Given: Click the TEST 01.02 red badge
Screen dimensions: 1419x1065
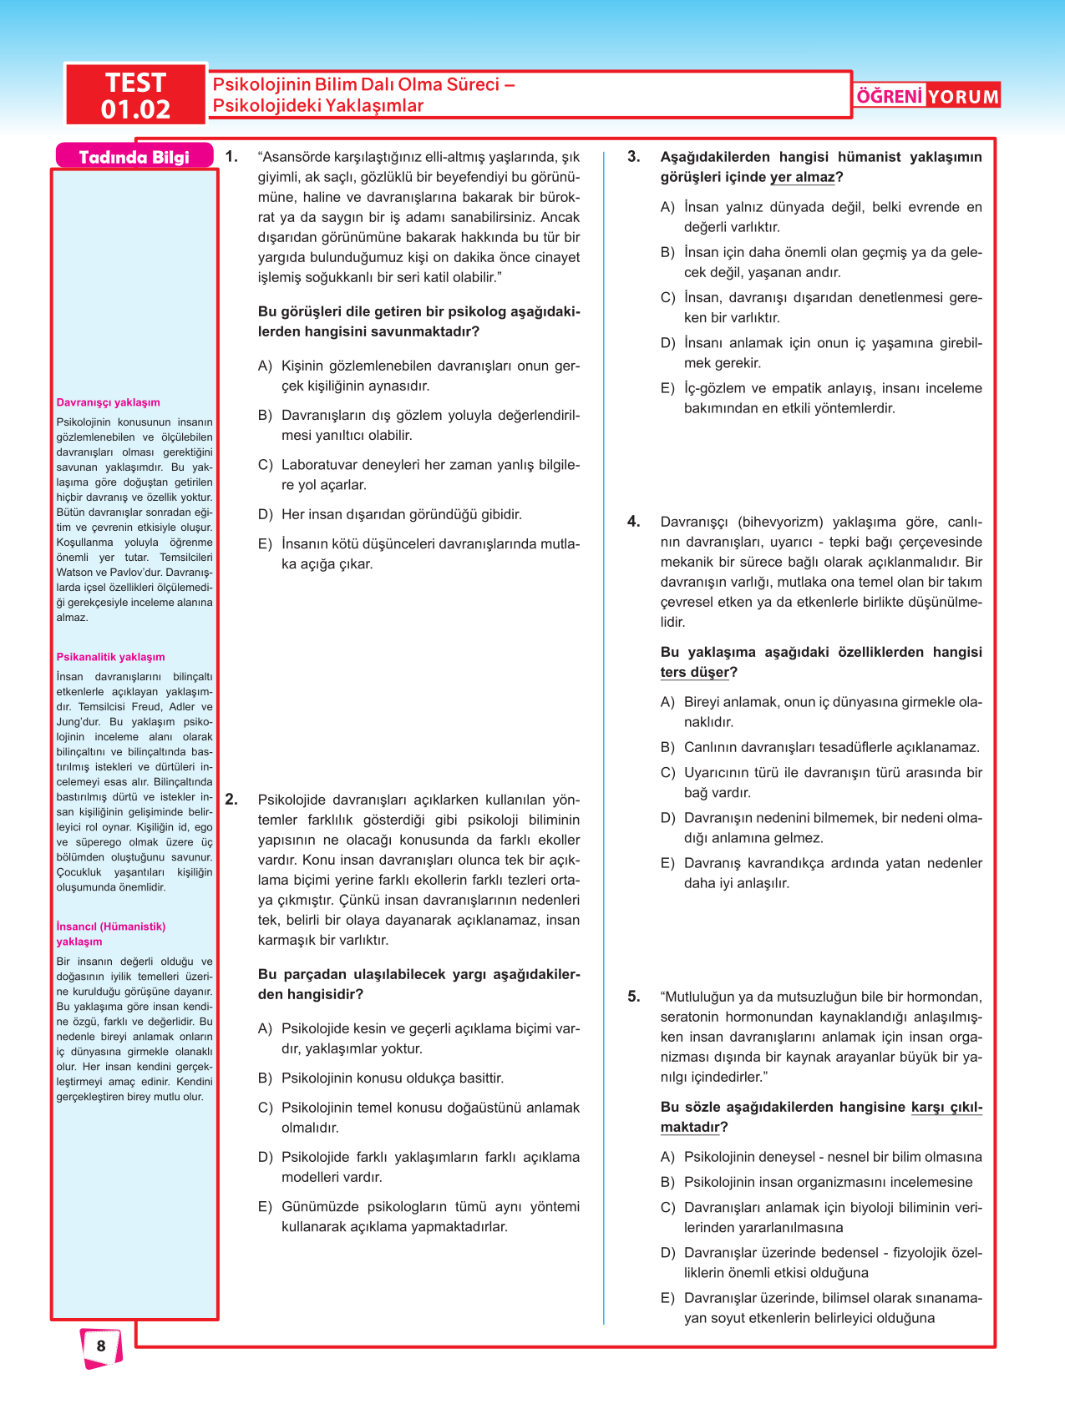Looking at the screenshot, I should click(x=135, y=95).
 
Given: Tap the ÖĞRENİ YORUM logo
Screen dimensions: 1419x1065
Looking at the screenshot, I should click(x=927, y=96).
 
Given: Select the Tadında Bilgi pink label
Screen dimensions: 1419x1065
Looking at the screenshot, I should click(x=134, y=157).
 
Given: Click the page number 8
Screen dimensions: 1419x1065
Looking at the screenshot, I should click(x=101, y=1346).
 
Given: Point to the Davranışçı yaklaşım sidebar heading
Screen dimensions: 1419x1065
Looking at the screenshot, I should click(x=108, y=402).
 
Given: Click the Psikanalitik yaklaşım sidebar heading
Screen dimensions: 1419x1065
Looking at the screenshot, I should click(x=110, y=657).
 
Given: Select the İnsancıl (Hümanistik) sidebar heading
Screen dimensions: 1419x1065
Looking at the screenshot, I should click(x=110, y=927).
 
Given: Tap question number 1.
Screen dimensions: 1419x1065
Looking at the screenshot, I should click(x=231, y=156).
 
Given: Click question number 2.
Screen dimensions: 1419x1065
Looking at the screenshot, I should click(x=231, y=800).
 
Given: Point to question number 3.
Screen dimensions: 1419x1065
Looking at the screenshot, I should click(x=634, y=156).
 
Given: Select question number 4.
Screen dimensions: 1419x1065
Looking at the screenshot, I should click(x=634, y=522).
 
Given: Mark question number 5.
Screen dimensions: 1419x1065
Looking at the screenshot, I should click(x=634, y=996).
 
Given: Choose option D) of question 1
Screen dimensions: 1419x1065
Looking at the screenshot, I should click(x=265, y=514).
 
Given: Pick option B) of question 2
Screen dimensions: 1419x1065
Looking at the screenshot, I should click(x=265, y=1078).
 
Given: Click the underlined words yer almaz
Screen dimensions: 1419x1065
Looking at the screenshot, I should click(x=803, y=177).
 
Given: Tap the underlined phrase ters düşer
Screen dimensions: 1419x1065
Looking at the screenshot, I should click(x=695, y=672).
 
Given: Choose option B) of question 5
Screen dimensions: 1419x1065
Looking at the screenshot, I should click(x=667, y=1182).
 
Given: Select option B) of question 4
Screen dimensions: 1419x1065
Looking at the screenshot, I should click(x=667, y=747).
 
